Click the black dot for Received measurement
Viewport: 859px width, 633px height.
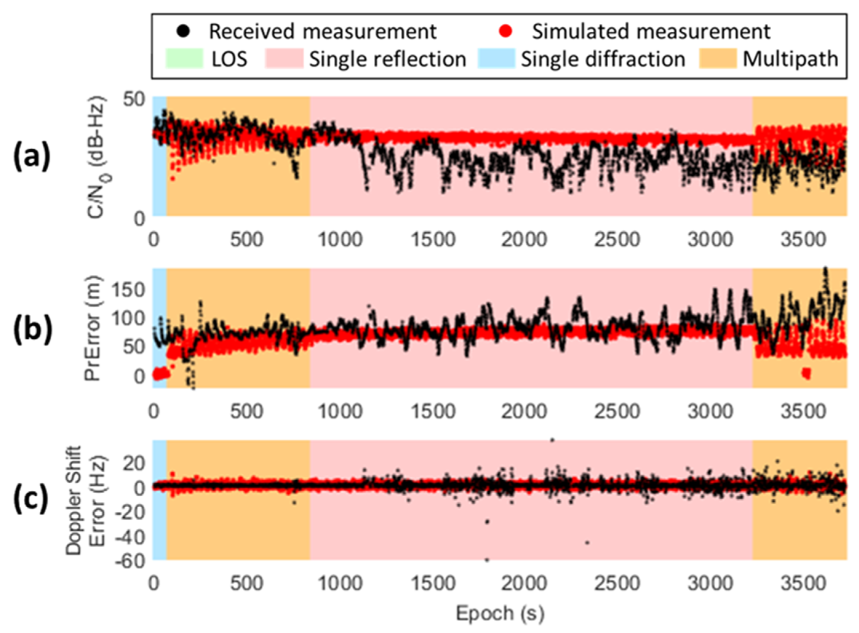pos(185,31)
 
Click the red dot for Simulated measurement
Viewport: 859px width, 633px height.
pos(507,31)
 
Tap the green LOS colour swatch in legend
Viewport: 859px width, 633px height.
pos(184,59)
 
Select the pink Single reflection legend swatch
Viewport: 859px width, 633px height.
pos(284,59)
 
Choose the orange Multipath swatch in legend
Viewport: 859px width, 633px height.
pos(718,59)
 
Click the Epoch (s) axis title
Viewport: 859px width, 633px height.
pos(500,613)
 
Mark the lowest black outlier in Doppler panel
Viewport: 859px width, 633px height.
pos(487,560)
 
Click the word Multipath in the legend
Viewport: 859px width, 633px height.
pos(790,59)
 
